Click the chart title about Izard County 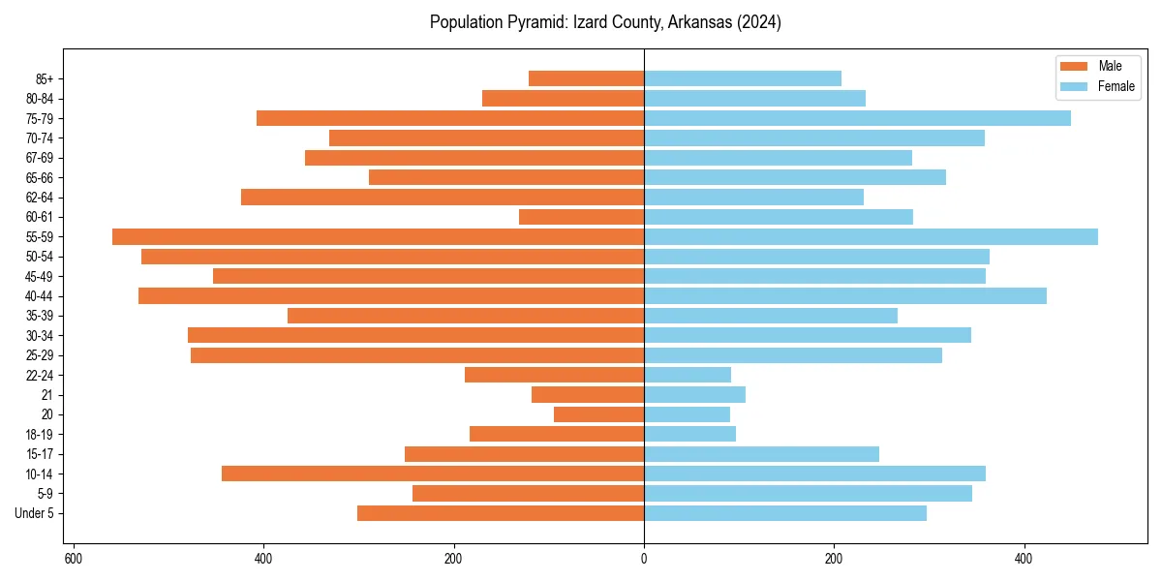click(605, 22)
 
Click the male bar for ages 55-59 click(378, 236)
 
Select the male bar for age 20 click(598, 414)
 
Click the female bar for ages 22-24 click(688, 375)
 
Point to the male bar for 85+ click(586, 78)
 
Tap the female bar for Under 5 click(785, 513)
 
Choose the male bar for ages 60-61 click(581, 217)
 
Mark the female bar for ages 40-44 click(845, 295)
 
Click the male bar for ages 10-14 click(433, 474)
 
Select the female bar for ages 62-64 click(753, 197)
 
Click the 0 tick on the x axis click(644, 559)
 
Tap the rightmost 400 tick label click(1024, 559)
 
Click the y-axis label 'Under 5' click(34, 513)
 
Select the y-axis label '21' click(46, 395)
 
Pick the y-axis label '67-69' click(39, 158)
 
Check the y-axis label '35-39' click(39, 316)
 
